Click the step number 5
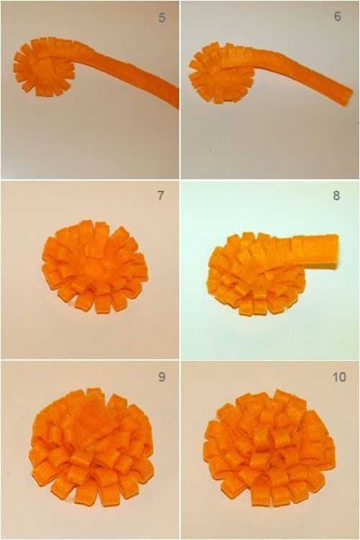coord(162,18)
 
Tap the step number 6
coord(338,16)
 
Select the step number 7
coord(160,195)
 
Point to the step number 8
coord(337,195)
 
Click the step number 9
coord(162,377)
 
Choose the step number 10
coord(339,377)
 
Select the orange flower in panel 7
coord(95,267)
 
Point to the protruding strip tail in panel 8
coord(310,251)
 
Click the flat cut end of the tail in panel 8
coord(337,251)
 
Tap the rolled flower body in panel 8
coord(256,275)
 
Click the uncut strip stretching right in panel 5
coord(128,71)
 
